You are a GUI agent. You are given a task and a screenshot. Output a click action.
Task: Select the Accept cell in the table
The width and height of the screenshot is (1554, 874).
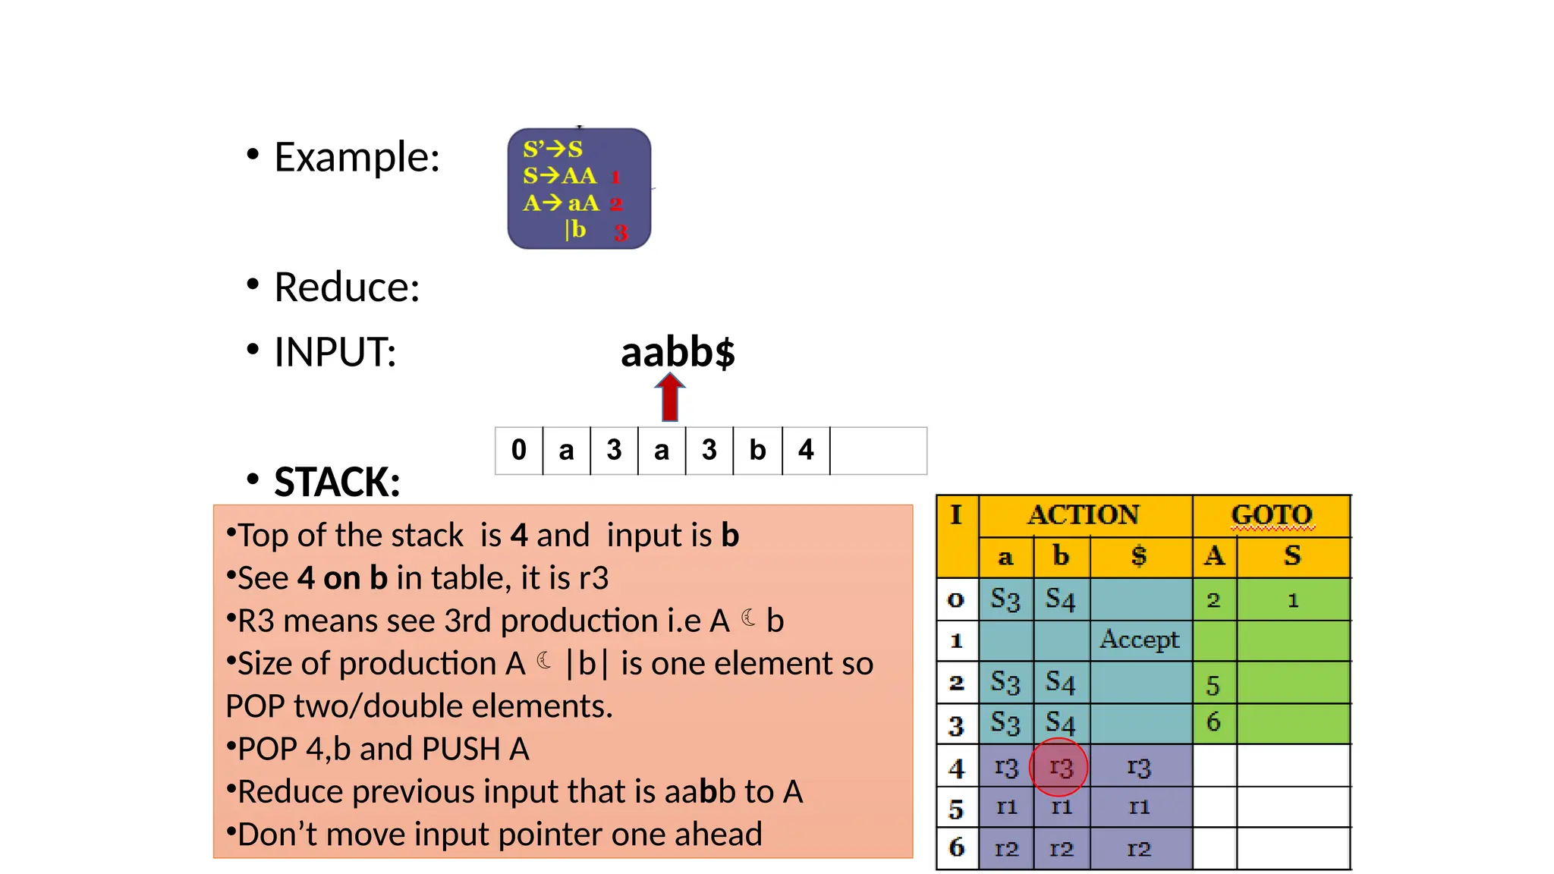pyautogui.click(x=1139, y=640)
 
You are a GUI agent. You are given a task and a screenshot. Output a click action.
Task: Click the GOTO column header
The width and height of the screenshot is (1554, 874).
pyautogui.click(x=1271, y=515)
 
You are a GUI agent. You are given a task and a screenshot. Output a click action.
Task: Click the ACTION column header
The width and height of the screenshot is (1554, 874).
pyautogui.click(x=1084, y=515)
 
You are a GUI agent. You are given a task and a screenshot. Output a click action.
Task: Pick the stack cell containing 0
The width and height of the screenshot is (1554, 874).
pyautogui.click(x=519, y=451)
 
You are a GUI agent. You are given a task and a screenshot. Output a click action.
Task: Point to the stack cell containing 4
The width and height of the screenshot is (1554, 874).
pyautogui.click(x=806, y=451)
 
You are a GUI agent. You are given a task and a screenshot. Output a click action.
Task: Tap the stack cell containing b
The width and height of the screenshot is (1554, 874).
pyautogui.click(x=757, y=451)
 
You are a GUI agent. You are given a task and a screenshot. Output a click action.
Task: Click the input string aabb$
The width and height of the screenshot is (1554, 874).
pyautogui.click(x=678, y=352)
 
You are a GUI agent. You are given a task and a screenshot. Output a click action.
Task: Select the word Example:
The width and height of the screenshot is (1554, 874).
pyautogui.click(x=357, y=157)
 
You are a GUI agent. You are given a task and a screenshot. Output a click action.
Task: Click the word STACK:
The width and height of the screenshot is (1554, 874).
pyautogui.click(x=337, y=482)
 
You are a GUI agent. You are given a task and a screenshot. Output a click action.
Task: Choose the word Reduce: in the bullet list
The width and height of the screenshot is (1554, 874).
pyautogui.click(x=347, y=288)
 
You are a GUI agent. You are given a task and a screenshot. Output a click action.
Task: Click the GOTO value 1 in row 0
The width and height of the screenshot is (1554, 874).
pyautogui.click(x=1293, y=601)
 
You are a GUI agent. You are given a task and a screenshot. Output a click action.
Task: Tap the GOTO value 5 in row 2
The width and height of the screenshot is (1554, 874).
pyautogui.click(x=1213, y=685)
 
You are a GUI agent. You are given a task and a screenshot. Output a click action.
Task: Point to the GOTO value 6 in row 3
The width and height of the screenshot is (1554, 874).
pyautogui.click(x=1213, y=722)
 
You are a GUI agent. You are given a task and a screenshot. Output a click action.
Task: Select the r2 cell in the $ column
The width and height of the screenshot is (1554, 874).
pyautogui.click(x=1139, y=848)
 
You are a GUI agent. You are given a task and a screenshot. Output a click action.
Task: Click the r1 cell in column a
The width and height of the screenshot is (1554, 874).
pyautogui.click(x=1006, y=806)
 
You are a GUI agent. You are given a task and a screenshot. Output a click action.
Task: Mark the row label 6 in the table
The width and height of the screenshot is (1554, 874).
pyautogui.click(x=957, y=847)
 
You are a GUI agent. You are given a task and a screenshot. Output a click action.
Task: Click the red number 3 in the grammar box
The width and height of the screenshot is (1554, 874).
pyautogui.click(x=621, y=233)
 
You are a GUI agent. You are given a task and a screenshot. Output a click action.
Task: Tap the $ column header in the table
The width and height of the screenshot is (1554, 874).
pyautogui.click(x=1139, y=556)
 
